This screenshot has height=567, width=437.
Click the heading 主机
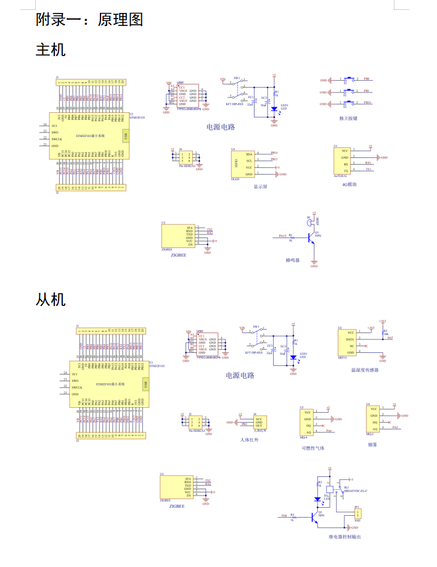point(51,49)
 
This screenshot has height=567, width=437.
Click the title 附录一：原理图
point(89,19)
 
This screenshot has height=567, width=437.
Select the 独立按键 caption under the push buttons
point(348,118)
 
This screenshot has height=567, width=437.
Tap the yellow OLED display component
point(241,164)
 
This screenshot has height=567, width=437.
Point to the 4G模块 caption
point(349,184)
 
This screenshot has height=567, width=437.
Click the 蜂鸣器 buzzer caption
point(292,260)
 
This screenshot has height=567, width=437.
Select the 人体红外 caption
point(250,440)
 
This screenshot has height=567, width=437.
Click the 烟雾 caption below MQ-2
point(372,442)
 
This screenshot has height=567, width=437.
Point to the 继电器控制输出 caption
point(345,537)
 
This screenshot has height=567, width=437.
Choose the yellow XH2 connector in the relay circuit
point(357,513)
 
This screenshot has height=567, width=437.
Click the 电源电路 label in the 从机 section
point(240,375)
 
